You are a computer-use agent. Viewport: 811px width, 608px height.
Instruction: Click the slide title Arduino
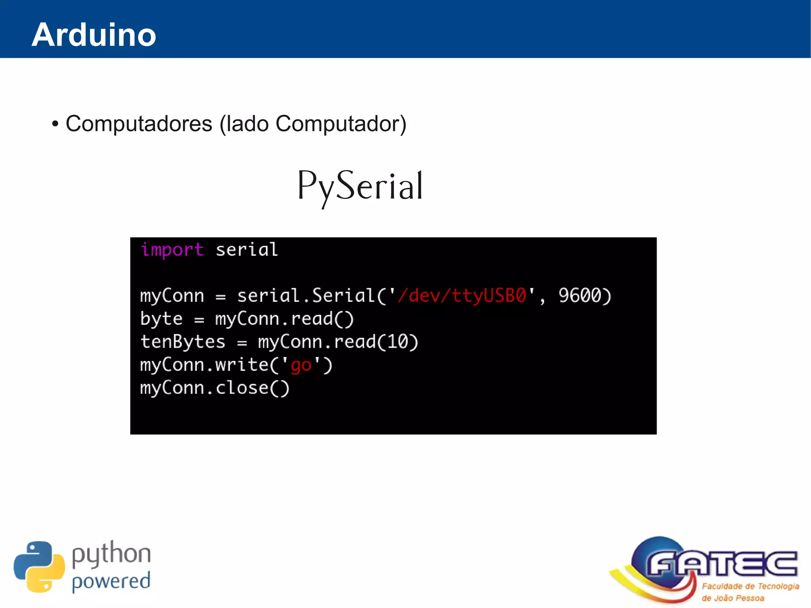click(x=94, y=35)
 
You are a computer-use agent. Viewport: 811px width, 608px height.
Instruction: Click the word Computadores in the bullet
click(x=139, y=124)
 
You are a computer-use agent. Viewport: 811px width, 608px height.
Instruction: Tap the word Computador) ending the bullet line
click(x=341, y=124)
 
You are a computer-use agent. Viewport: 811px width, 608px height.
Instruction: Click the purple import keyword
click(x=172, y=250)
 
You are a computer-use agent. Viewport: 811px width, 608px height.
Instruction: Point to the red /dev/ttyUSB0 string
click(x=462, y=295)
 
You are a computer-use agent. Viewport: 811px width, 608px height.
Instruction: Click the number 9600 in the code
click(x=580, y=295)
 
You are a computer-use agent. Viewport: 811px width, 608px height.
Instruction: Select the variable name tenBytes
click(x=183, y=342)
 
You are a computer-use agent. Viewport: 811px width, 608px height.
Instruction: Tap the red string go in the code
click(x=301, y=365)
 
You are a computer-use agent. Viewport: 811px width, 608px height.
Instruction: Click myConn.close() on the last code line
click(x=215, y=388)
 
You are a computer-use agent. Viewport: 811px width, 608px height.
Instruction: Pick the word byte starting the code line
click(x=162, y=319)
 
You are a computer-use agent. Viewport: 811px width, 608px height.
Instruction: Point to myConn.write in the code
click(x=204, y=365)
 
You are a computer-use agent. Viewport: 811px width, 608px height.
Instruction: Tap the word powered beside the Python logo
click(x=111, y=581)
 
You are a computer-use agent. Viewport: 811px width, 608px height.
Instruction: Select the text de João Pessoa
click(x=733, y=598)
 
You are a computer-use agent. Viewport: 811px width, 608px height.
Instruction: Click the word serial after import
click(x=247, y=250)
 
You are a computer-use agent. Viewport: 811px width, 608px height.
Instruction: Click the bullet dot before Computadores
click(x=55, y=124)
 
